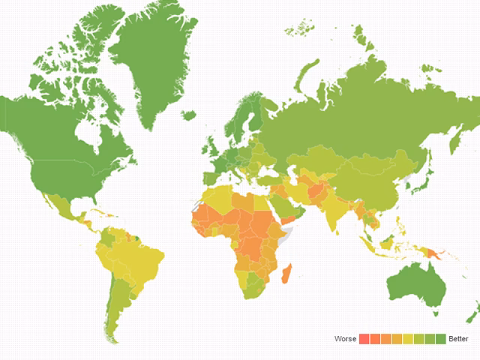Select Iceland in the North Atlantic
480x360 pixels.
coord(188,115)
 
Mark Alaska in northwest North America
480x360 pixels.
coord(19,120)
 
